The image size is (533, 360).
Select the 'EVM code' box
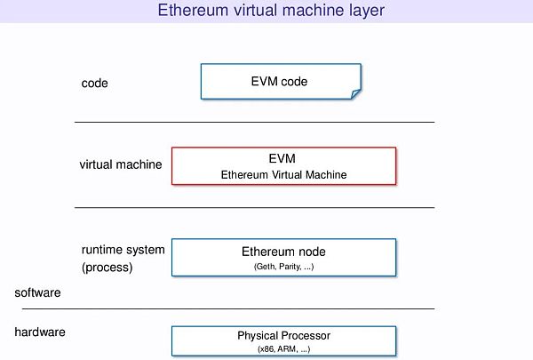281,82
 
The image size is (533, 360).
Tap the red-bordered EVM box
283,165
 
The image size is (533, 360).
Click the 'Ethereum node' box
283,257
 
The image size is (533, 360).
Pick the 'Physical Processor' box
283,340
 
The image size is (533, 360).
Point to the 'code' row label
94,83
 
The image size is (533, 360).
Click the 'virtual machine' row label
121,164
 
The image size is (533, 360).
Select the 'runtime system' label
123,250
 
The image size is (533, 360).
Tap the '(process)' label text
107,267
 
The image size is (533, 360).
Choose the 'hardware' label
40,332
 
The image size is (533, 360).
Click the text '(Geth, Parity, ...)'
283,266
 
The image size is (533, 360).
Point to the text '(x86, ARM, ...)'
283,349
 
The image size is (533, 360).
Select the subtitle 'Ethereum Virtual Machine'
283,175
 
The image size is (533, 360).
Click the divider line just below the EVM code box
254,122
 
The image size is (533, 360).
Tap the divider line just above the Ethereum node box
254,207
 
